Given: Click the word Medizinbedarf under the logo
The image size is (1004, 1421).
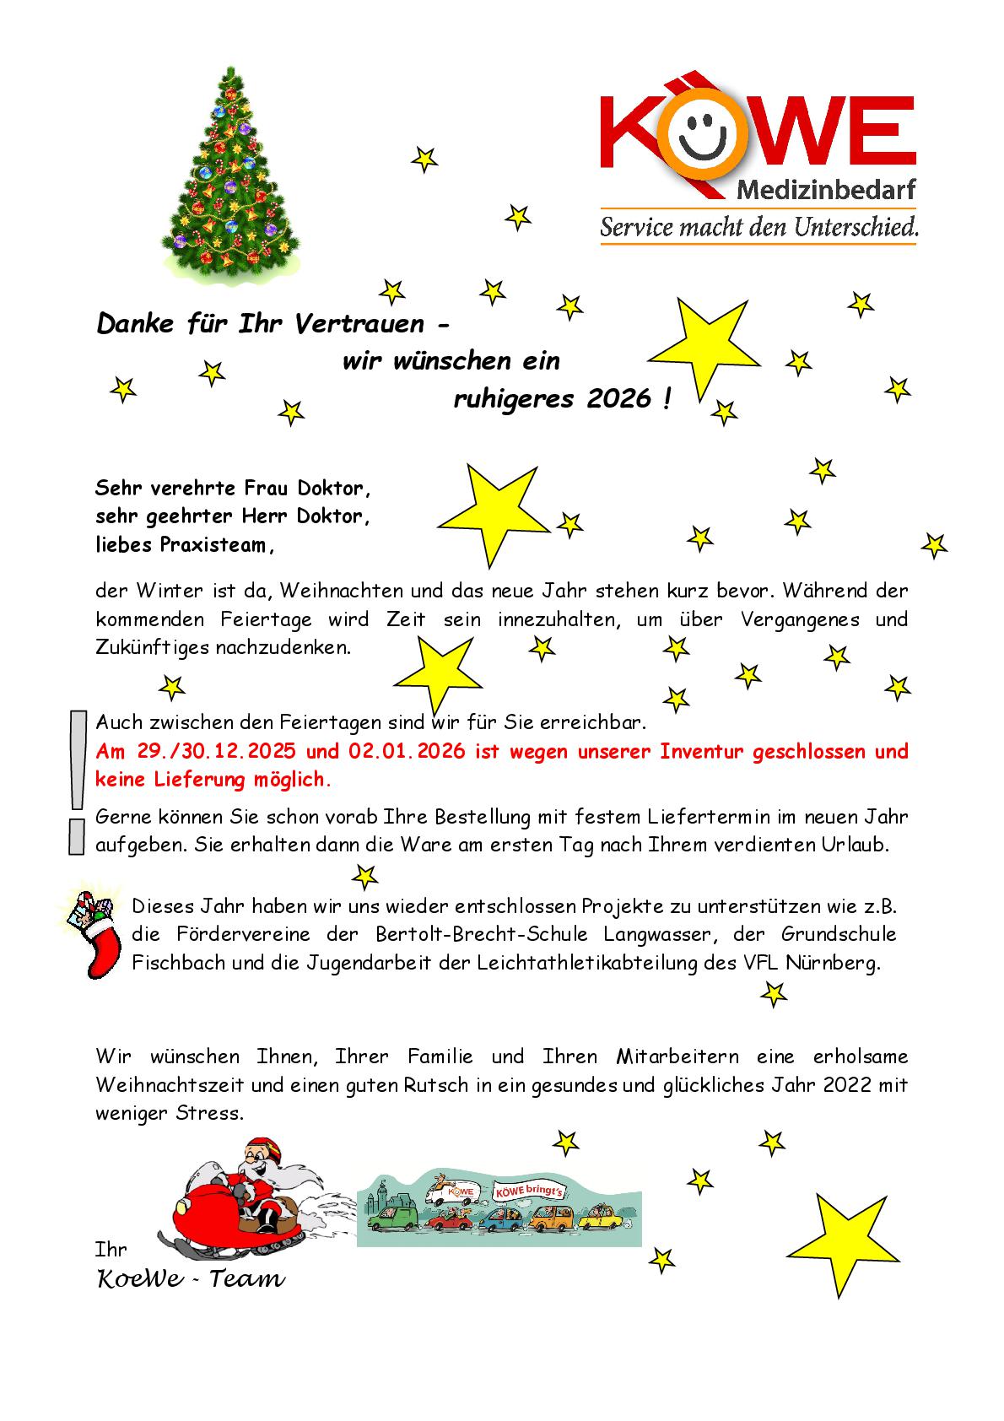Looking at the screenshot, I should pyautogui.click(x=826, y=190).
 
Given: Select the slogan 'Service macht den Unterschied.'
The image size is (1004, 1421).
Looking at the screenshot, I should pyautogui.click(x=758, y=227).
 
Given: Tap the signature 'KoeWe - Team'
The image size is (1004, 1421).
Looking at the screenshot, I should pyautogui.click(x=192, y=1279).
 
